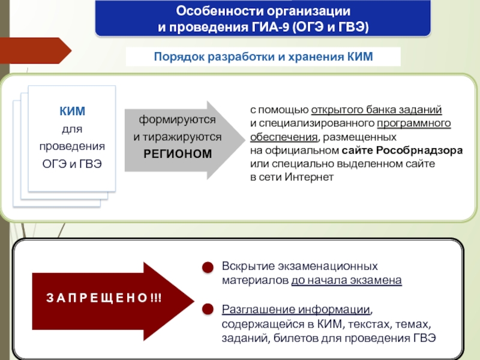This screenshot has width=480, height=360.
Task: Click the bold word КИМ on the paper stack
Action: coord(72,112)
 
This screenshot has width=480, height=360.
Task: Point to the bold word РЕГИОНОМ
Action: coord(178,154)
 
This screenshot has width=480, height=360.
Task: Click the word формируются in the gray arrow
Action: coord(177,120)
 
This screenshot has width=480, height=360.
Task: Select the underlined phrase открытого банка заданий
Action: coord(377,110)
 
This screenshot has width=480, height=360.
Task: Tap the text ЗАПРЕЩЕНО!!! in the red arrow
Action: coord(104,298)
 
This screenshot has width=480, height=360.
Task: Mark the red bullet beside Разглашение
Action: coord(206,310)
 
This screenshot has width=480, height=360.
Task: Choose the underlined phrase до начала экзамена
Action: coord(347,280)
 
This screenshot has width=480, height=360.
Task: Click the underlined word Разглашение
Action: coord(250,310)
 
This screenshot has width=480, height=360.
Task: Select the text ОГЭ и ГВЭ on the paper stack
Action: coord(72,164)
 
